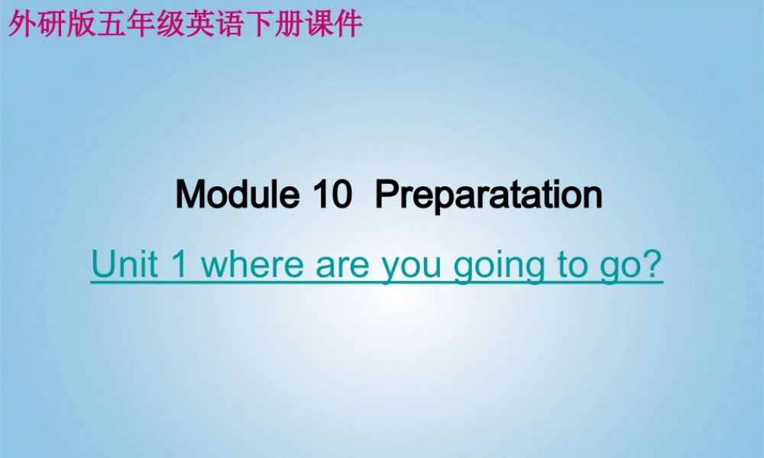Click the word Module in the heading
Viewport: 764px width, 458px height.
click(x=236, y=195)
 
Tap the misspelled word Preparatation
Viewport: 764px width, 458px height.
click(x=488, y=196)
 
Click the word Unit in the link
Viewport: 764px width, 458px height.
click(x=125, y=264)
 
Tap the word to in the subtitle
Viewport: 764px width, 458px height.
click(x=567, y=265)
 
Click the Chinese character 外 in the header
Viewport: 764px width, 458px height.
click(x=19, y=24)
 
